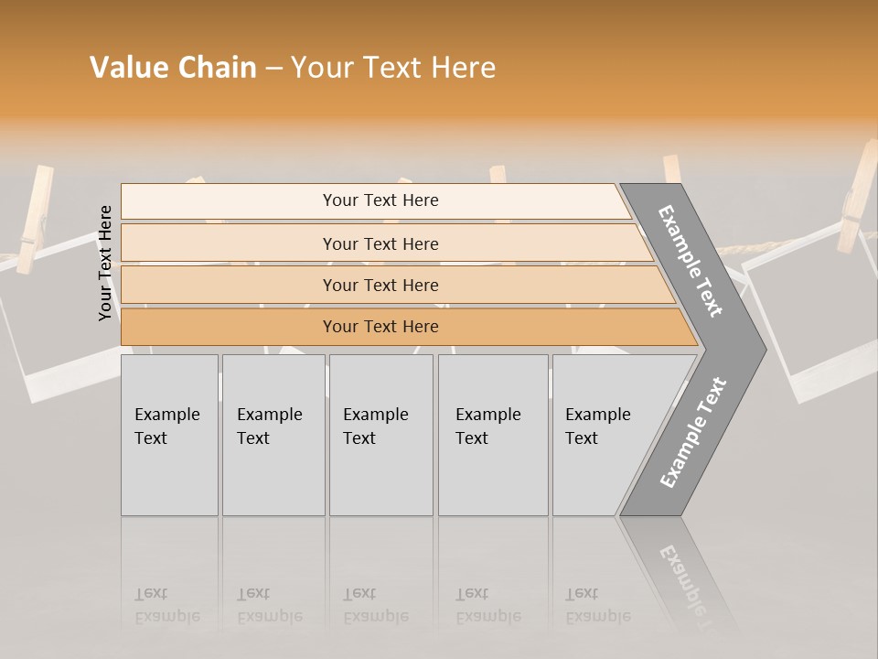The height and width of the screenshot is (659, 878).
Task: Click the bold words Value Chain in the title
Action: tap(173, 68)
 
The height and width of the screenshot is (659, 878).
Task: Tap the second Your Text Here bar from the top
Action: tap(380, 243)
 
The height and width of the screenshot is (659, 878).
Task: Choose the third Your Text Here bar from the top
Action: tap(380, 285)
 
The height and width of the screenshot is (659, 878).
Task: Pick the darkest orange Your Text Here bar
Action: tap(380, 327)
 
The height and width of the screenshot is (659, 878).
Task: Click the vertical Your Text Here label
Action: tap(106, 263)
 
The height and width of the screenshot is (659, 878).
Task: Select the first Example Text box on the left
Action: tap(169, 435)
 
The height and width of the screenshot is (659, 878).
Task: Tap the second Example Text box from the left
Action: tap(273, 435)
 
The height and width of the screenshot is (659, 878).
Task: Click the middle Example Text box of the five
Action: tap(380, 435)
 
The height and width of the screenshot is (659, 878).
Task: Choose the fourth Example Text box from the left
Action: tap(492, 435)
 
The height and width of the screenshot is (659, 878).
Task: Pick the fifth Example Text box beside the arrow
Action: tap(604, 435)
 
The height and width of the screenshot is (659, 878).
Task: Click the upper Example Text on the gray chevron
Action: tap(691, 261)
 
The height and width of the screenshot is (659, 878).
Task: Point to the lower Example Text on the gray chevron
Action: tap(692, 433)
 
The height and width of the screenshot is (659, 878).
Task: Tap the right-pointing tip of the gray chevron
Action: tap(761, 349)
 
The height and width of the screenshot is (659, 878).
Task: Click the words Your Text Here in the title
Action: tap(393, 68)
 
